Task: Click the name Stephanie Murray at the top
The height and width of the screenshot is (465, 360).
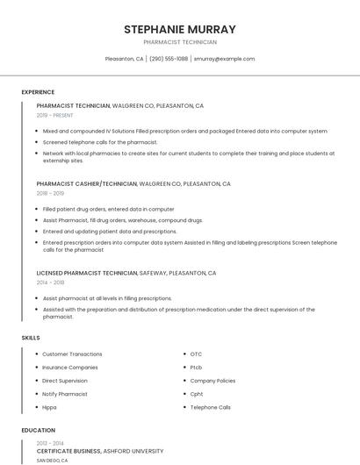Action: [x=180, y=29]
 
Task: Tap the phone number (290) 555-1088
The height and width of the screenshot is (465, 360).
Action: [x=169, y=59]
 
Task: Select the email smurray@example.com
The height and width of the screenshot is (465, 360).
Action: [x=224, y=59]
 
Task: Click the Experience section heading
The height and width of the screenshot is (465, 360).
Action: [x=38, y=92]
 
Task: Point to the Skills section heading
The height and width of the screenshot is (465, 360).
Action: [x=31, y=338]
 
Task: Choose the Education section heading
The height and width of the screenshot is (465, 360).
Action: [x=38, y=431]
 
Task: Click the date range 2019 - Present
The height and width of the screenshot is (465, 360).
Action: [x=55, y=115]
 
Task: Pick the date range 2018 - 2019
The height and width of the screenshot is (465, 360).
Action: [x=50, y=193]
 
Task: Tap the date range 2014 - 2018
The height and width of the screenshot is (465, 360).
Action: [x=50, y=283]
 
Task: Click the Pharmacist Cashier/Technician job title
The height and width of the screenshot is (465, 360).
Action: [x=87, y=184]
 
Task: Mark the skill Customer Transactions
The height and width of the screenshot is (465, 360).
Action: [x=72, y=354]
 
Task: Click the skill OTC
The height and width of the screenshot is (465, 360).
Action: [x=196, y=354]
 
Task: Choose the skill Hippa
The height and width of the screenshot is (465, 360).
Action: [x=50, y=407]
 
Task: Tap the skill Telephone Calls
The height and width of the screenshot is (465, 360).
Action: [x=211, y=407]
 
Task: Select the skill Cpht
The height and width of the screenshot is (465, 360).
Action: [x=197, y=394]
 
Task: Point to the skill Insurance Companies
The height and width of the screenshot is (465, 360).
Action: [x=70, y=368]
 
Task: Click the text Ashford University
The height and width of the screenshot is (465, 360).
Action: [x=133, y=450]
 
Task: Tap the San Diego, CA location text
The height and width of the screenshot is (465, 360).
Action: [x=52, y=460]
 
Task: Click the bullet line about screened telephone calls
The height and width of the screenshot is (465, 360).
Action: [x=100, y=142]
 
